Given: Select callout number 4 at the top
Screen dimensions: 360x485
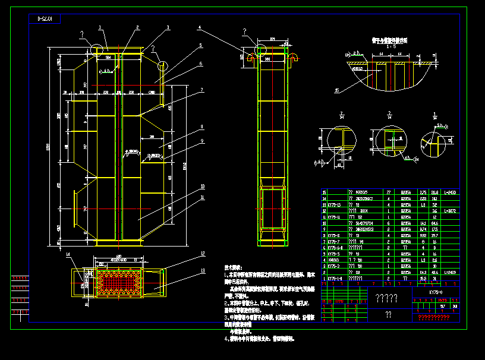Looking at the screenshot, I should (200, 27).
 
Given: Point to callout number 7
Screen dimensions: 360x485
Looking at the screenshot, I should (202, 90).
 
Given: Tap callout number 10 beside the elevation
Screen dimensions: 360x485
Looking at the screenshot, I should (202, 186).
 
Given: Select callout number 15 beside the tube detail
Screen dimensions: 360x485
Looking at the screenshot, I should (337, 91).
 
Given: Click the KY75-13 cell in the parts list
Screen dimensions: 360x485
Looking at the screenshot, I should (335, 205).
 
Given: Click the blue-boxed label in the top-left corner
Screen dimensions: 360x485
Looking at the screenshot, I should (45, 19).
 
